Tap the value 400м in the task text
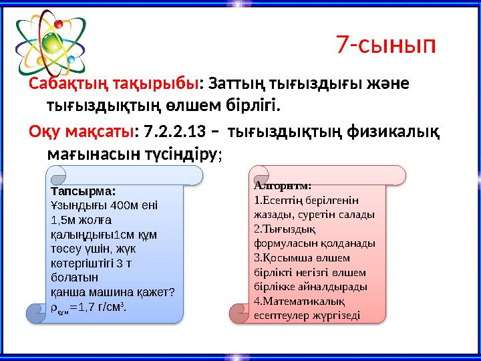(127, 205)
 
